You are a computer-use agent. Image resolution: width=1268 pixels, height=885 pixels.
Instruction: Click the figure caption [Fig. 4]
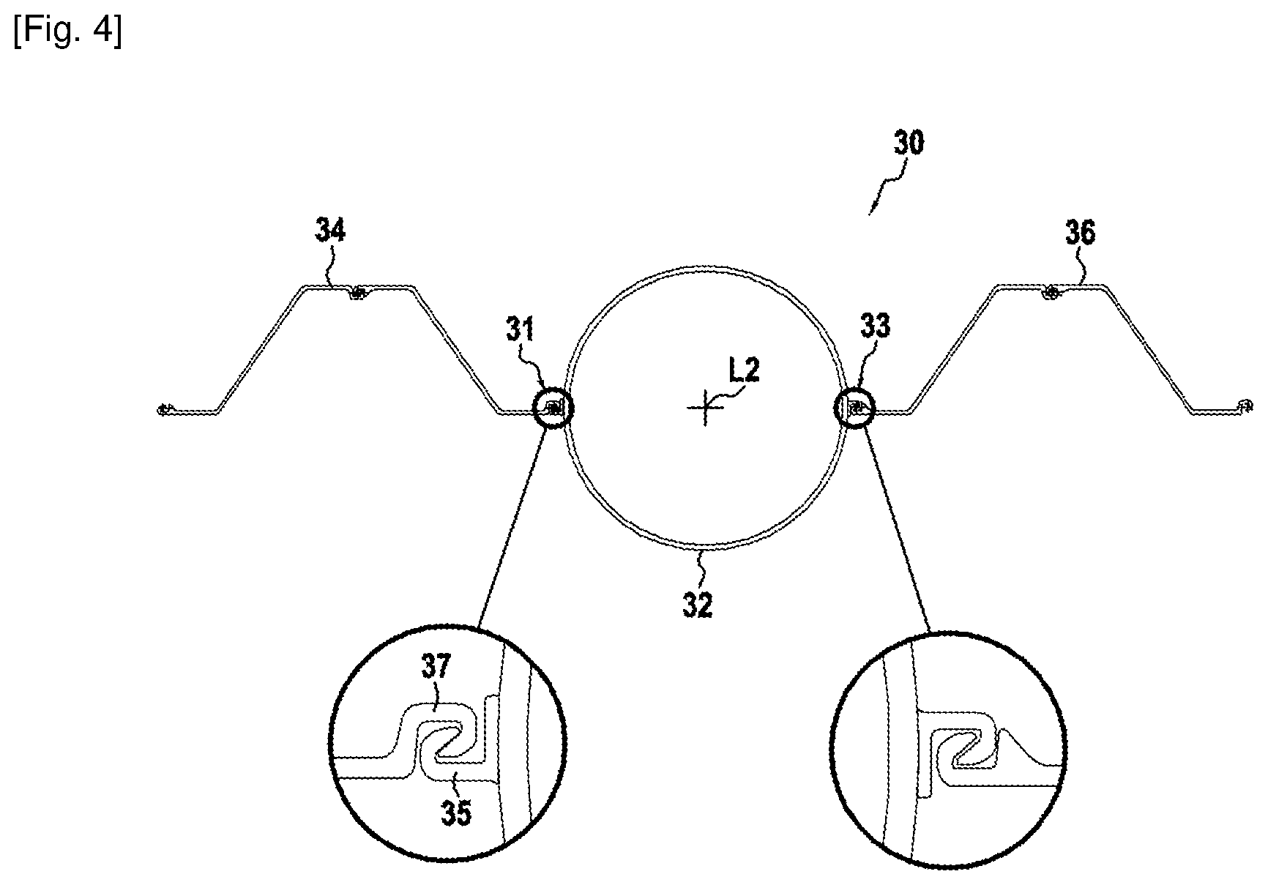coord(67,32)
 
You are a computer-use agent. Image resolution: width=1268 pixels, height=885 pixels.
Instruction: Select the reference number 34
coord(331,231)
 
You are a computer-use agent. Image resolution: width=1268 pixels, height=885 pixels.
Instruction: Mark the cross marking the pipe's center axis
coord(705,407)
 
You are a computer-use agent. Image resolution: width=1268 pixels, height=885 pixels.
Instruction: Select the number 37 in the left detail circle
coord(437,667)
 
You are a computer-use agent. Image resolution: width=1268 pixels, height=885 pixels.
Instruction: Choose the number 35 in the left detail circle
coord(455,813)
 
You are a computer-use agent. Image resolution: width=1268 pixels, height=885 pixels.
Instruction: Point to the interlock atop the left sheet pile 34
coord(357,294)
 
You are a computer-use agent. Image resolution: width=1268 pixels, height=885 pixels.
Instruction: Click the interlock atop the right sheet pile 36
coord(1051,293)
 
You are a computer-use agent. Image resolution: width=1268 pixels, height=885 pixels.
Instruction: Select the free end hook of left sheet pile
coord(165,408)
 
